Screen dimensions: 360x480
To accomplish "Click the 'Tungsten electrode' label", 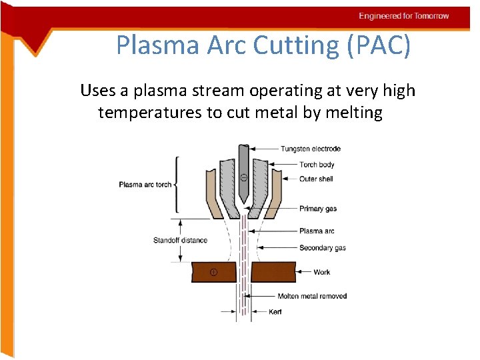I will [x=311, y=149].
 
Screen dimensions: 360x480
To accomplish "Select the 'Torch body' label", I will [x=317, y=165].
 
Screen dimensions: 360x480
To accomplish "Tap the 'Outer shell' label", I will [x=316, y=179].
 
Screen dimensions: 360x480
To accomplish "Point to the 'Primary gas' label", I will [x=318, y=209].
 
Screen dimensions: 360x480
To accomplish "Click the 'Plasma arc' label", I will [x=317, y=231].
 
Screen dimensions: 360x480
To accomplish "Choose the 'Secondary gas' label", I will [x=323, y=248].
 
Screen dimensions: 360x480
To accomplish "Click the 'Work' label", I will [x=322, y=272].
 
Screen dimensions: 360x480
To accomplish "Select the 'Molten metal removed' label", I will [x=312, y=296].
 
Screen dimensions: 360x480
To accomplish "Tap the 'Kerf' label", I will [x=275, y=312].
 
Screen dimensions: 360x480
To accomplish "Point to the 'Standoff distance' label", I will [x=180, y=240].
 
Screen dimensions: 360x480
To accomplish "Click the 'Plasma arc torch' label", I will [x=145, y=185].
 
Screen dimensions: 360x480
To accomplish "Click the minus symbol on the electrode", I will [x=243, y=178].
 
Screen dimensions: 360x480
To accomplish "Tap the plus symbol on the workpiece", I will [x=213, y=272].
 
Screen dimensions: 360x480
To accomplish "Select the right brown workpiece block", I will [x=273, y=272].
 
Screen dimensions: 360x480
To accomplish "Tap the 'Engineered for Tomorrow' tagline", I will [x=404, y=16].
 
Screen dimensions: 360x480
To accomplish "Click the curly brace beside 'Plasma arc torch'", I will [x=176, y=185].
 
